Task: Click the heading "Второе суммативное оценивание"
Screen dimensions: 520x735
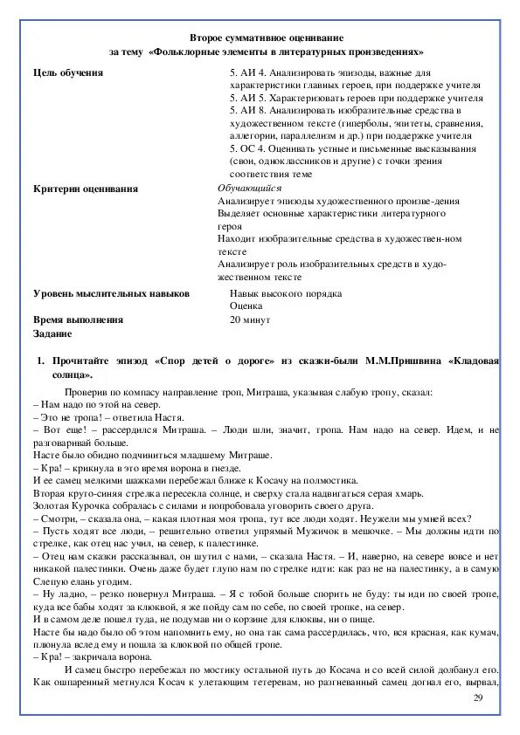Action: coord(267,38)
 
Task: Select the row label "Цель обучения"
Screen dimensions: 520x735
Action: coord(67,73)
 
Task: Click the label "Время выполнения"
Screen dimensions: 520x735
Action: coord(78,320)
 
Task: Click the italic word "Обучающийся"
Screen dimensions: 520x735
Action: coord(249,188)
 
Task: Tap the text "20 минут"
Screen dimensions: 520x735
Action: coord(252,320)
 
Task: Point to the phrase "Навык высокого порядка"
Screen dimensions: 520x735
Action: coord(286,294)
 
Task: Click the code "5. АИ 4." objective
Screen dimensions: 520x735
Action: coord(248,73)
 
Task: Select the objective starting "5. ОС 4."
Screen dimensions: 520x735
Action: coord(249,149)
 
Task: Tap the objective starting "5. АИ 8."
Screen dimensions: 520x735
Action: coord(249,111)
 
